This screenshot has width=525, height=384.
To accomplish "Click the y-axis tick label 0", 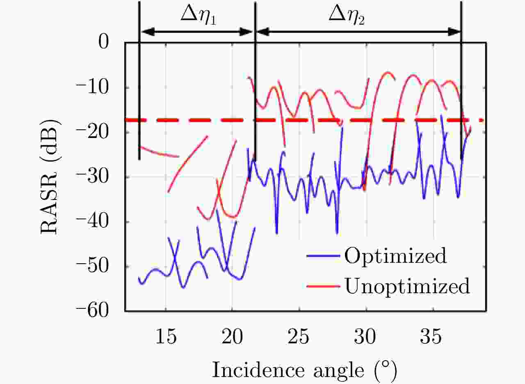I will tap(108, 42).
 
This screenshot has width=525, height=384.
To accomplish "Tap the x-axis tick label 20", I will tap(233, 338).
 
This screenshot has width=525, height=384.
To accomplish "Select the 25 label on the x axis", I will tap(299, 338).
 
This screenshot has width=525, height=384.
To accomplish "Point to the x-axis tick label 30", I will tap(366, 338).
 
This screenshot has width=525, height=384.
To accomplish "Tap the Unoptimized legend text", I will tap(407, 286).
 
